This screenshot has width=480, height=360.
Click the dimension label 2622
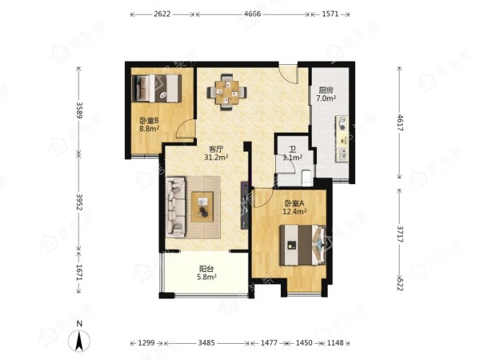tap(162, 14)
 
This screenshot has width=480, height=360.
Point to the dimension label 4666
tap(253, 14)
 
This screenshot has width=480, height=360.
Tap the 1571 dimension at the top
tap(330, 14)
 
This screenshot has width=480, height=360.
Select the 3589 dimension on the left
tap(79, 110)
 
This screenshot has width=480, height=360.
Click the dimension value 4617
tap(400, 122)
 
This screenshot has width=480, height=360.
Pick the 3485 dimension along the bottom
tap(206, 343)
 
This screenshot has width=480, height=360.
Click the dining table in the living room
tap(227, 92)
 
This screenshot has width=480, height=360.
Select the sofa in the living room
tap(176, 208)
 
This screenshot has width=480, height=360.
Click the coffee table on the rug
tap(203, 206)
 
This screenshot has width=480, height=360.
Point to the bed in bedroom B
tap(157, 88)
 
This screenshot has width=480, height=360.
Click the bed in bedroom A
tap(303, 245)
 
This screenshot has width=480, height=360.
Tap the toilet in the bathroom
tap(306, 178)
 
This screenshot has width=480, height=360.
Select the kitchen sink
tap(342, 154)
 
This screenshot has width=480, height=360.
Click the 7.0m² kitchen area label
tap(326, 98)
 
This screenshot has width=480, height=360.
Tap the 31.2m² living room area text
tap(217, 157)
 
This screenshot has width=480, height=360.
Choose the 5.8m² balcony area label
tap(207, 277)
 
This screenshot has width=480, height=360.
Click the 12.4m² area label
tap(294, 211)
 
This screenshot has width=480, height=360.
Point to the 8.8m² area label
tap(150, 128)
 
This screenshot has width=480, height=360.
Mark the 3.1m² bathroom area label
tap(293, 157)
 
